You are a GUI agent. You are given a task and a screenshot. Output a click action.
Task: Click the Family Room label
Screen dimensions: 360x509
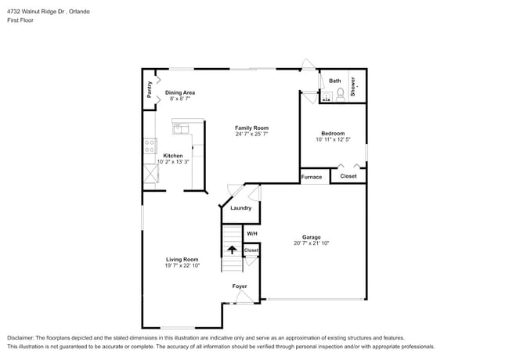point(252,128)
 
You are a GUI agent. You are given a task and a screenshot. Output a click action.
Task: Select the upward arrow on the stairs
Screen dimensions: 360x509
point(232,250)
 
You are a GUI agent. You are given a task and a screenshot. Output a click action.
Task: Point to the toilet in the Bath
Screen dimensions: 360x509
point(341,94)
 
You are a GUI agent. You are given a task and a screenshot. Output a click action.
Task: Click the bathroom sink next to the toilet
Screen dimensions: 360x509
point(327,96)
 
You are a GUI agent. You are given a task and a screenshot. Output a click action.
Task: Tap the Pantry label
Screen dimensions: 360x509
point(149,89)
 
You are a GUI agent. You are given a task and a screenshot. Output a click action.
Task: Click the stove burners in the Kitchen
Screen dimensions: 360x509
point(150,146)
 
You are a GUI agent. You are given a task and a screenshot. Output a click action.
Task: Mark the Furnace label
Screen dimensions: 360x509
point(312,177)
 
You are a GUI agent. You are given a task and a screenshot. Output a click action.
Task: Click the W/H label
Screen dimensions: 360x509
point(251,233)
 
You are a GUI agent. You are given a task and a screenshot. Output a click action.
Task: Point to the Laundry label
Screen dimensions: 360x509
point(240,208)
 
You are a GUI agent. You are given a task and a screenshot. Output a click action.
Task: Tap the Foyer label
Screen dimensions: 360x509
point(240,286)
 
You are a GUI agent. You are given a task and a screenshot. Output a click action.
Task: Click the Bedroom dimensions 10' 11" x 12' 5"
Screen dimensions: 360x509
point(333,140)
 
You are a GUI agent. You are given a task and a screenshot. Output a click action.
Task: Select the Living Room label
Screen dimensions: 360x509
point(182,259)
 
